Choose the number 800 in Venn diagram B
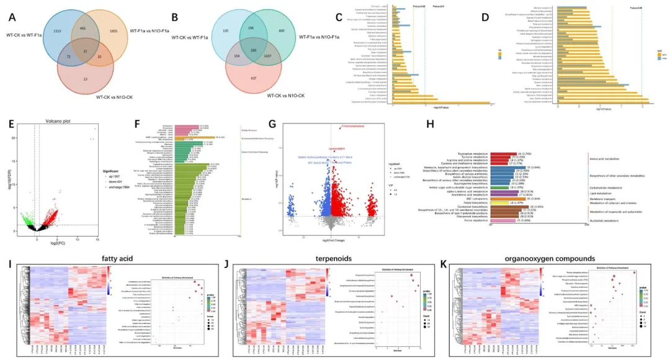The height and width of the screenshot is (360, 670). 282,30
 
